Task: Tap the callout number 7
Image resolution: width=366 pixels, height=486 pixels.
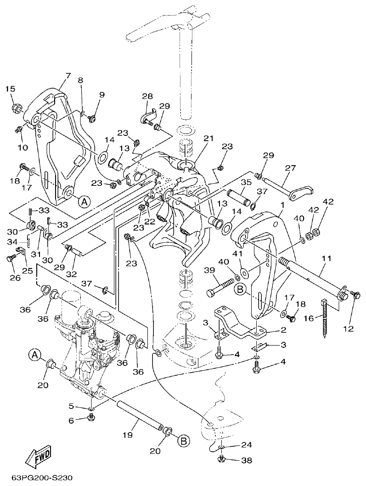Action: coord(68,75)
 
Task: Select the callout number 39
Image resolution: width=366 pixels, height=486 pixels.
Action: coord(209,270)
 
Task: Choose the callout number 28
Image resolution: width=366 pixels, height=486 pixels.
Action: coord(147,96)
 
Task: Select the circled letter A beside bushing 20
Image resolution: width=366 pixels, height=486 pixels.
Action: coord(34,354)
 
